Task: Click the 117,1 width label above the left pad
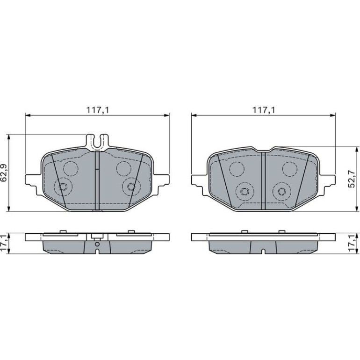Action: pyautogui.click(x=97, y=110)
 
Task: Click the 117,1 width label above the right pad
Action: pyautogui.click(x=264, y=110)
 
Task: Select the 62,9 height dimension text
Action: pyautogui.click(x=4, y=173)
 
